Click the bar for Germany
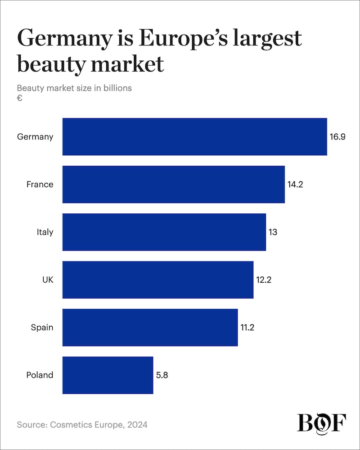tap(194, 137)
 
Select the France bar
tap(173, 184)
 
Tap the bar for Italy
tap(164, 232)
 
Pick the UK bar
tap(157, 280)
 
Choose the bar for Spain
tap(150, 328)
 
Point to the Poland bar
tap(108, 375)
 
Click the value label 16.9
tap(337, 137)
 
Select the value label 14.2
tap(296, 184)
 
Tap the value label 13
tap(273, 232)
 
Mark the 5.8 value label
tap(162, 375)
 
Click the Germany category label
tap(35, 137)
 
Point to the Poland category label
tap(40, 375)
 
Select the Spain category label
tap(42, 328)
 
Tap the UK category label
tap(47, 280)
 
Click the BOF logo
tap(321, 423)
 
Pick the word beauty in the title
tap(50, 64)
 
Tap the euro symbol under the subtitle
tap(20, 98)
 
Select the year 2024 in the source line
tap(138, 424)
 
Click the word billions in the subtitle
tap(117, 88)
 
